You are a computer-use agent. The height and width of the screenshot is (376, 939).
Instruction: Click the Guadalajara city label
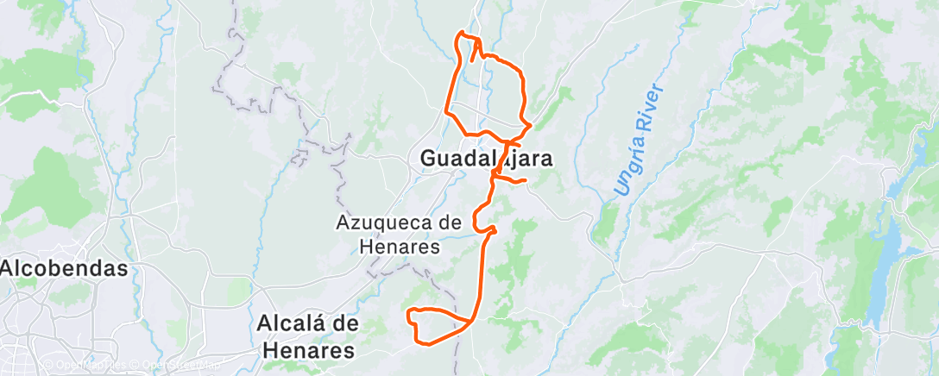click(x=487, y=159)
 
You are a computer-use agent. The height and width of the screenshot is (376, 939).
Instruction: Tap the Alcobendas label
click(x=64, y=268)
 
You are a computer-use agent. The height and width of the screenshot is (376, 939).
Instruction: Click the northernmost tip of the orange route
click(x=464, y=33)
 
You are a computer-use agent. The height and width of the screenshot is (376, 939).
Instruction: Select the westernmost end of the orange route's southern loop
click(x=408, y=311)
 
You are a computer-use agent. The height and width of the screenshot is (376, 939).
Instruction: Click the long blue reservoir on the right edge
click(x=881, y=250)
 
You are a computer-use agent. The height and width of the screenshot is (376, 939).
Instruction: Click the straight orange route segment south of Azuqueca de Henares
click(x=479, y=276)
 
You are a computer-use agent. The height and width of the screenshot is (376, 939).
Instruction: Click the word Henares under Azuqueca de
click(x=400, y=247)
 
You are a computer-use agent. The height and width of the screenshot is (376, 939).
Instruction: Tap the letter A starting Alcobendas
click(x=8, y=268)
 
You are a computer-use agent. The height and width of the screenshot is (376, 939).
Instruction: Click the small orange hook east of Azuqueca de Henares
click(x=490, y=229)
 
